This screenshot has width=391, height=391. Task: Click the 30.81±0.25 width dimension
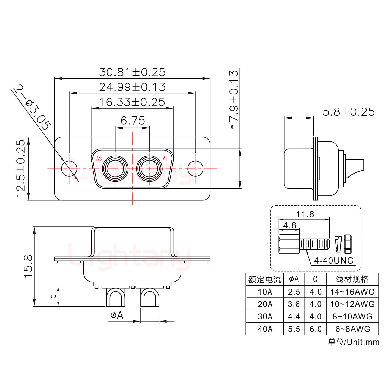pos(132,72)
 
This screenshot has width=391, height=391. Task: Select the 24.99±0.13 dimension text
pos(132,87)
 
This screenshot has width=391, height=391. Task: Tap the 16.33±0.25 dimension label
pos(132,102)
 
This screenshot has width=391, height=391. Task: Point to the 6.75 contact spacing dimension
pos(133,121)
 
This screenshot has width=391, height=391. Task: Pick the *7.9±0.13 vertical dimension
pos(234,100)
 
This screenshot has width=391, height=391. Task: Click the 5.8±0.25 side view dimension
pos(348,112)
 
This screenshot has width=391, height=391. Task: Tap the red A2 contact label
pos(99,159)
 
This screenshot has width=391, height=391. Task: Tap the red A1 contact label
pos(165,159)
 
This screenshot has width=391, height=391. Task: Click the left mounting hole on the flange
pos(69,169)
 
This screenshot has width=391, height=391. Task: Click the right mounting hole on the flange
pos(195,169)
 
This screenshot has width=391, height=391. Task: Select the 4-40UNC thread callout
pos(333,261)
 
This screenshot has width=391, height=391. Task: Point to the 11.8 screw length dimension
pos(305,214)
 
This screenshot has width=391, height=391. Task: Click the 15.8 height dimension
pos(29,266)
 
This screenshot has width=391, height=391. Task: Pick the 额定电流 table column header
pos(264,279)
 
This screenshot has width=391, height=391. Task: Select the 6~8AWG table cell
pos(353,329)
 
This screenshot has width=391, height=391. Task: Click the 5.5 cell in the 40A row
pos(294,329)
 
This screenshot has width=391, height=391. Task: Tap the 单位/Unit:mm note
pos(353,342)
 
